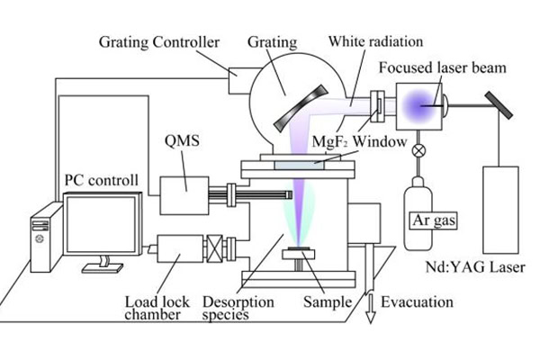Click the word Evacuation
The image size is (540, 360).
(416, 302)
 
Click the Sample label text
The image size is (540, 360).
(328, 302)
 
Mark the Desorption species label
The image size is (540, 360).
(238, 309)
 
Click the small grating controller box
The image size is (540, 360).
(241, 82)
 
